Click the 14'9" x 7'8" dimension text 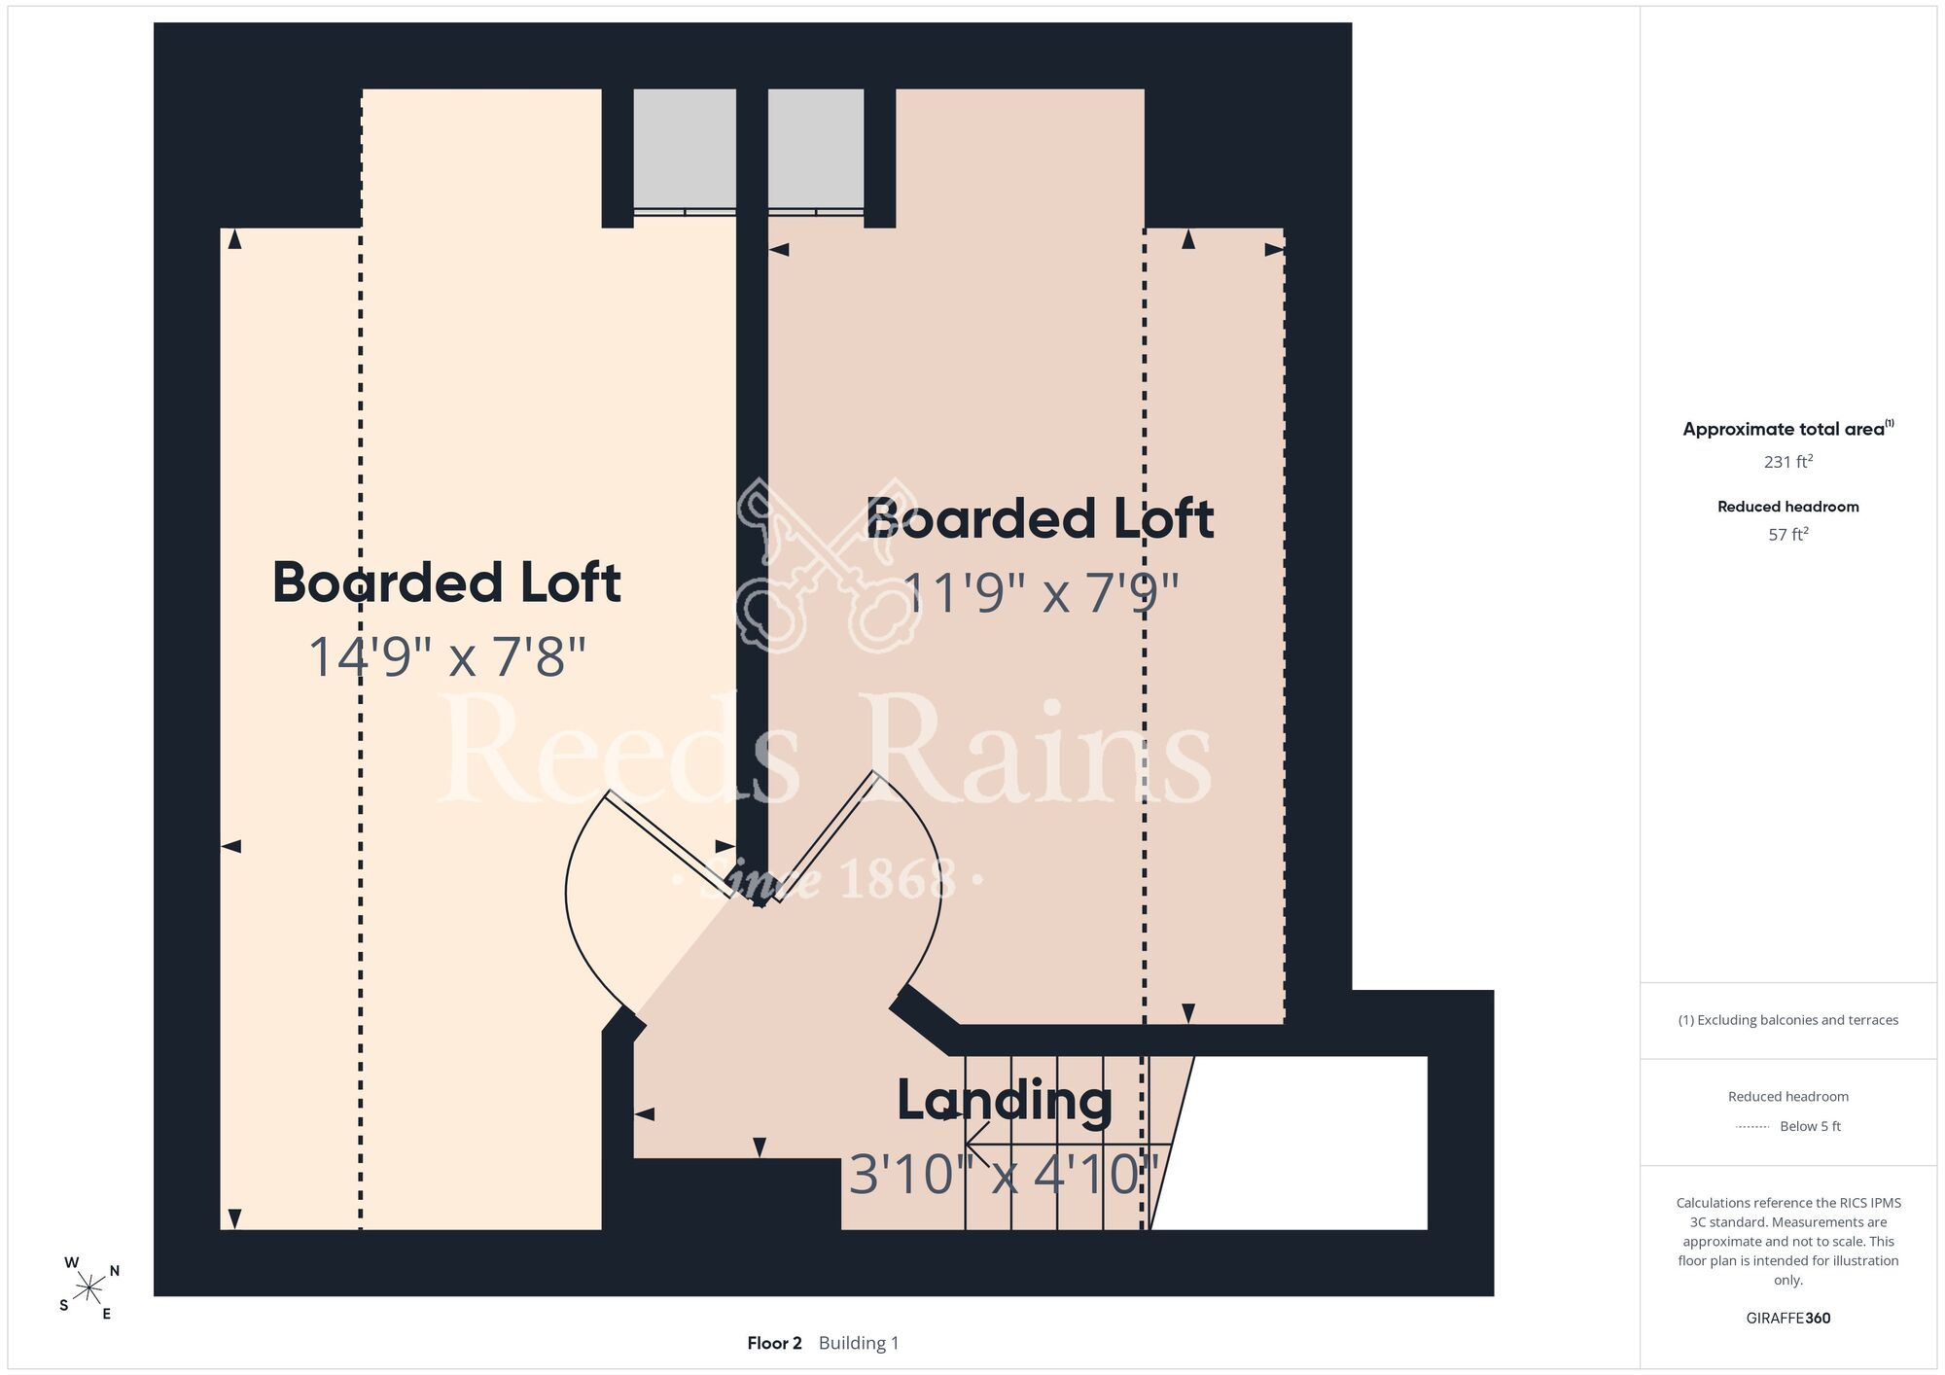click(447, 656)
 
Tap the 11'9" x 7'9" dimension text click(1041, 592)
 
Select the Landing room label click(1005, 1101)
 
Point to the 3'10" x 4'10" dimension click(1005, 1174)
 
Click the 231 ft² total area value click(1787, 461)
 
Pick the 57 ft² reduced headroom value click(1787, 534)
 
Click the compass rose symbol click(89, 1288)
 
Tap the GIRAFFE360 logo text click(1787, 1318)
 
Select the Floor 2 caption click(774, 1343)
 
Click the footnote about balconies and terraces click(1787, 1020)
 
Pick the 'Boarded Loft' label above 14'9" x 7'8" click(446, 582)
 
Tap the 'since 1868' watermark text click(828, 879)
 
